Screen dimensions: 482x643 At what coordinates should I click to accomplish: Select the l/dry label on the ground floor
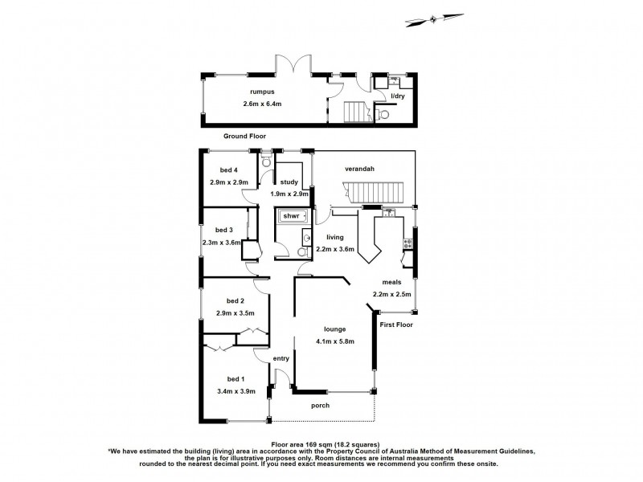click(x=397, y=96)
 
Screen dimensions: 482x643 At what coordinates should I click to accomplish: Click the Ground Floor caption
click(x=245, y=137)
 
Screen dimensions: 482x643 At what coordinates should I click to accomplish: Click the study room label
click(x=289, y=182)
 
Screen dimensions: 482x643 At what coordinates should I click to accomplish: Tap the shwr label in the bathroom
click(x=290, y=216)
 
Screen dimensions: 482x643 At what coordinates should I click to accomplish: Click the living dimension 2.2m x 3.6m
click(x=336, y=250)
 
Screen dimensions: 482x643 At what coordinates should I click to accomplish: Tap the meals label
click(x=392, y=282)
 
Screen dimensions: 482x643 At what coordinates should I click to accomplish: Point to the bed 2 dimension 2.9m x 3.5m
click(x=235, y=312)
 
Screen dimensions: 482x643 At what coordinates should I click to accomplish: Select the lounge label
click(x=334, y=329)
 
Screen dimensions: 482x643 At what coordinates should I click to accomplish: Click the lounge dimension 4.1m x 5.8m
click(x=335, y=341)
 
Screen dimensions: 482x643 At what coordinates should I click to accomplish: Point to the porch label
click(x=320, y=406)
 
